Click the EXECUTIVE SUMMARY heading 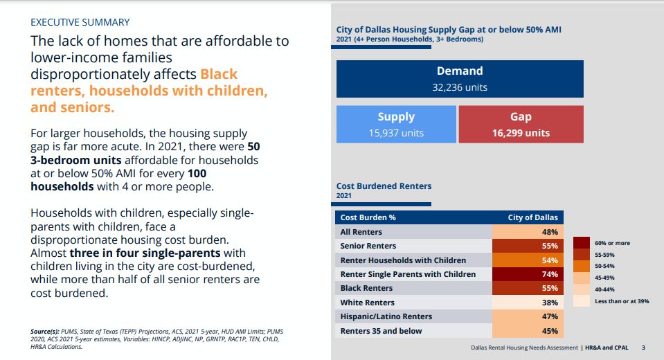click(x=80, y=22)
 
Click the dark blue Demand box click(x=460, y=78)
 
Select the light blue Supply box click(x=396, y=124)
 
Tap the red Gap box click(x=521, y=124)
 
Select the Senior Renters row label click(x=368, y=246)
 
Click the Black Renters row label click(x=366, y=288)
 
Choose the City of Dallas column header click(x=532, y=217)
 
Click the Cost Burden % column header click(x=368, y=217)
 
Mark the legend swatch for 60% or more click(x=582, y=243)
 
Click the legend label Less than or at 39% click(x=622, y=301)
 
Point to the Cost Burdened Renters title click(x=384, y=186)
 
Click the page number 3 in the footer click(x=643, y=348)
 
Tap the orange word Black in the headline click(x=219, y=74)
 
